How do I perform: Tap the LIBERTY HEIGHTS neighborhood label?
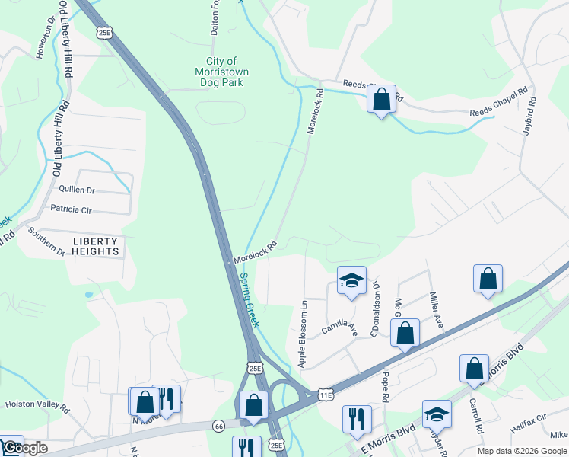pos(96,246)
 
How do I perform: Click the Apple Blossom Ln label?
pos(303,334)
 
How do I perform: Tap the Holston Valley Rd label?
pos(37,407)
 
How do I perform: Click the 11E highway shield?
pos(326,395)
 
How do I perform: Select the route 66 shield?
pos(218,424)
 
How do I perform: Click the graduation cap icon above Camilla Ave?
pos(351,280)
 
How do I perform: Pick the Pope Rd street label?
pos(385,388)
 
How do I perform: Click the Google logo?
pos(24,449)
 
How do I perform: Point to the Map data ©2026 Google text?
pos(522,451)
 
